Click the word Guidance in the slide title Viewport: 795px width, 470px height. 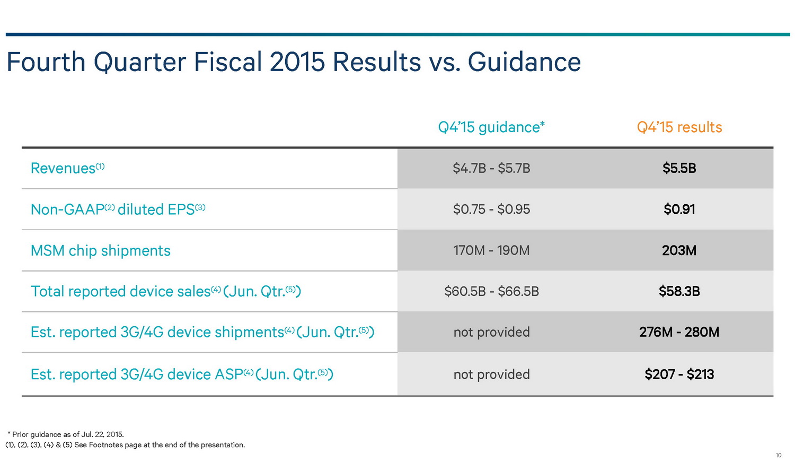coord(524,62)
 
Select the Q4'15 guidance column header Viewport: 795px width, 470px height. coord(491,127)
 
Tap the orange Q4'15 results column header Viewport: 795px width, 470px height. coord(679,127)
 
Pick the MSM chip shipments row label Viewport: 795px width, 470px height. coord(101,250)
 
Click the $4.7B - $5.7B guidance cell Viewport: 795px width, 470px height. coord(491,168)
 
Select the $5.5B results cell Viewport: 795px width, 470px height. coord(679,168)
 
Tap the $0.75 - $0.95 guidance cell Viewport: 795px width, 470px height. coord(491,210)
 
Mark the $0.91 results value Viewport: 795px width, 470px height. coord(679,210)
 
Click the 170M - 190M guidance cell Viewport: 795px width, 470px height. coord(491,250)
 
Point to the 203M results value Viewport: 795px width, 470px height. coord(679,250)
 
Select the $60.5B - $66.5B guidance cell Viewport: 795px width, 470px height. coord(491,291)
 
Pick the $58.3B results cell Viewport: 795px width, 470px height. coord(679,291)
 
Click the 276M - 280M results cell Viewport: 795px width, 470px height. coord(679,332)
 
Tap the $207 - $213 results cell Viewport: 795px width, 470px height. coord(679,375)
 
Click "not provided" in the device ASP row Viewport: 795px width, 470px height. coord(491,375)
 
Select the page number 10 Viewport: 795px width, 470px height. coord(778,456)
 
